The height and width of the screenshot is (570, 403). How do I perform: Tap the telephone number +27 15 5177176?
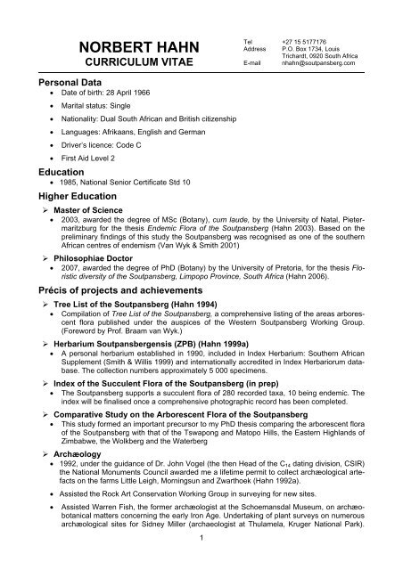307,40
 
